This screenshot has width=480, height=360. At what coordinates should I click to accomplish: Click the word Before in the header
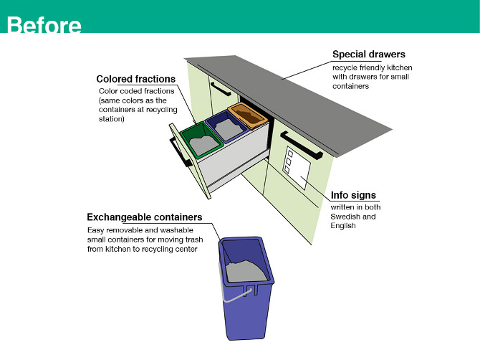44,24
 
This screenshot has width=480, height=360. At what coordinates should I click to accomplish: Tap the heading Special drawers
368,55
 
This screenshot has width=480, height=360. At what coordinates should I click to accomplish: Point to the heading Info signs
352,195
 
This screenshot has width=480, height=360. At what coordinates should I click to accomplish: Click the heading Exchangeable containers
144,217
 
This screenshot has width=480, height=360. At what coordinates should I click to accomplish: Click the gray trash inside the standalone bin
247,270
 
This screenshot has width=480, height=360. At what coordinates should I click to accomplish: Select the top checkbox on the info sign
289,152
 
